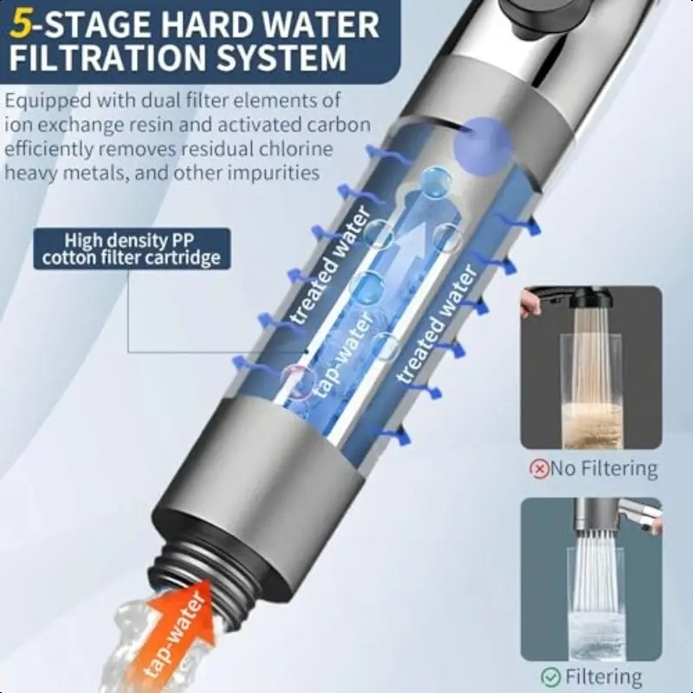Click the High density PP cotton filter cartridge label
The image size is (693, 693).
click(x=132, y=249)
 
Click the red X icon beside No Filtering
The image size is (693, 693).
click(x=538, y=468)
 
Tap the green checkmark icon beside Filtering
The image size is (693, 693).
click(x=550, y=677)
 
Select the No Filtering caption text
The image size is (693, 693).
click(x=603, y=468)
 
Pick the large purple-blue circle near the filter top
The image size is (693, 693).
click(x=483, y=145)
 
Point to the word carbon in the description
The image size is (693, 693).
click(x=338, y=125)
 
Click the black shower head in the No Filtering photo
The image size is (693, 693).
click(x=590, y=298)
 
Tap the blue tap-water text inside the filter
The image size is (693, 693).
click(x=343, y=353)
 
